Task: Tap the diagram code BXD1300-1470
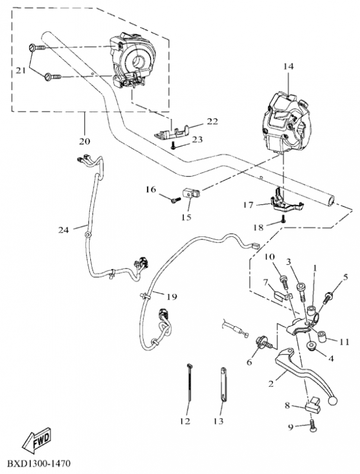(39, 463)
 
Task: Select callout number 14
(288, 66)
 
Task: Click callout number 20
(85, 141)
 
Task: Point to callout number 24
(63, 230)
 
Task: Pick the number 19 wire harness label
(171, 297)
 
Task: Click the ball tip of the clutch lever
(332, 401)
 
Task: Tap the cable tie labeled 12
(189, 382)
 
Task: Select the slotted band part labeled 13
(223, 385)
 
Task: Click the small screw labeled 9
(312, 426)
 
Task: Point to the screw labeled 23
(173, 146)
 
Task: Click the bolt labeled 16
(176, 200)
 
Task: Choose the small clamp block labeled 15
(191, 193)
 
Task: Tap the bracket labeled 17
(286, 202)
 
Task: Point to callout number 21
(21, 71)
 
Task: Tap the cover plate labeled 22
(172, 133)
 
